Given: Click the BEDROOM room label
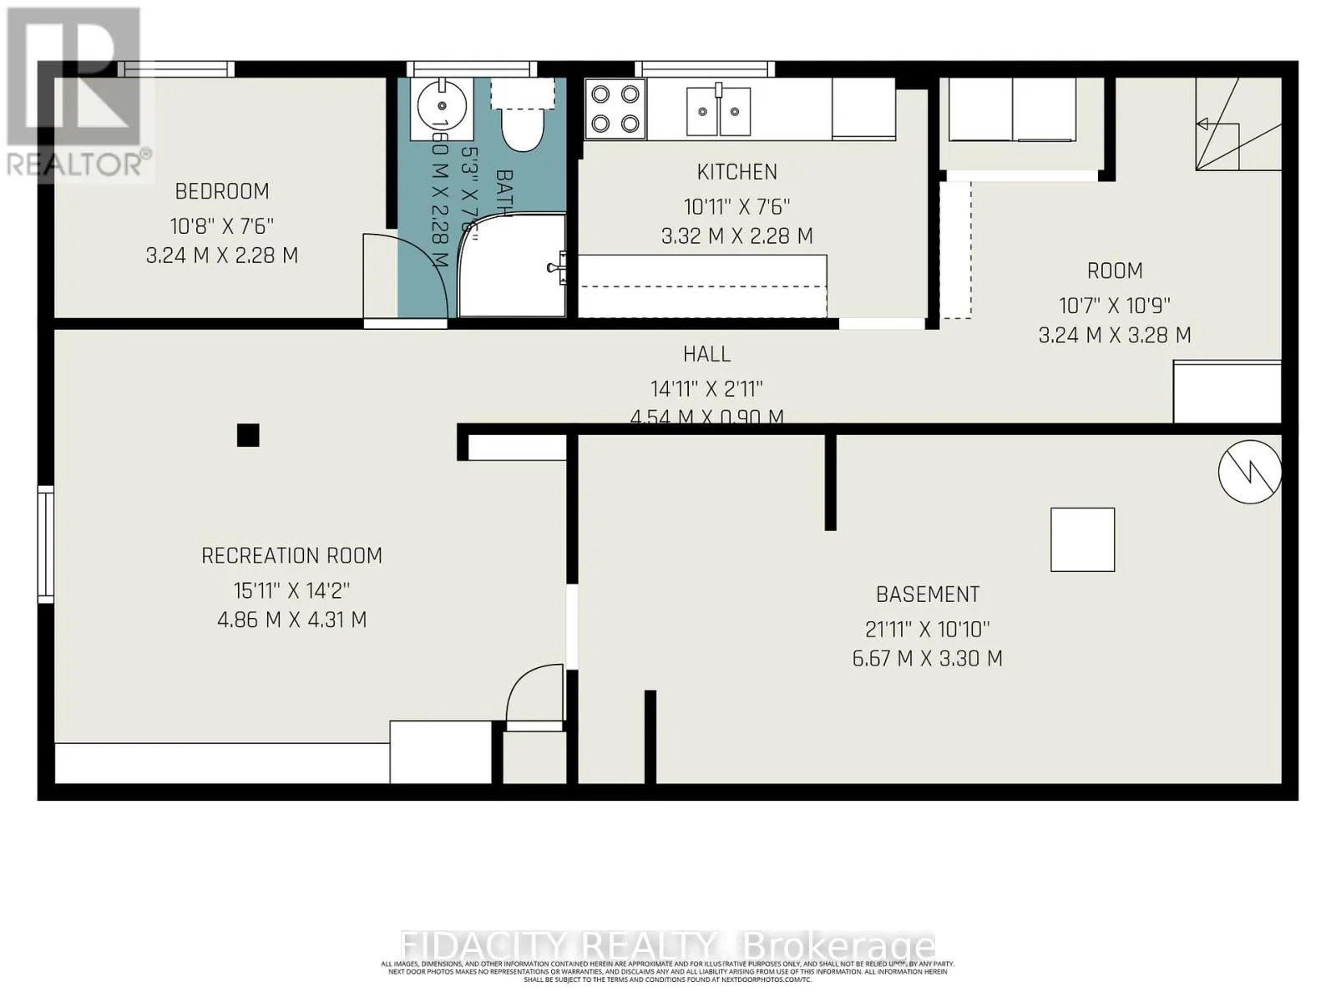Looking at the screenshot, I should pyautogui.click(x=221, y=191).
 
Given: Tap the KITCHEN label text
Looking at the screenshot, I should pyautogui.click(x=736, y=172).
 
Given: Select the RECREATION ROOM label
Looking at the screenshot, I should pyautogui.click(x=291, y=556).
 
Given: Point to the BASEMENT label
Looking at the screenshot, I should pyautogui.click(x=927, y=595).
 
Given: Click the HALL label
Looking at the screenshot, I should pyautogui.click(x=706, y=354).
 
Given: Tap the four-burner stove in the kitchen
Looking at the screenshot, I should pyautogui.click(x=615, y=109).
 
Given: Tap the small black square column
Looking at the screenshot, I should pyautogui.click(x=248, y=435).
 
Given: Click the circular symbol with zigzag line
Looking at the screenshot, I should pyautogui.click(x=1249, y=472).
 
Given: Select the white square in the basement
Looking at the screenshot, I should pyautogui.click(x=1082, y=539).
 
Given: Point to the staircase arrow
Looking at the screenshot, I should pyautogui.click(x=1203, y=124).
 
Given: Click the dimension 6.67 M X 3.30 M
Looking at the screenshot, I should pyautogui.click(x=927, y=659).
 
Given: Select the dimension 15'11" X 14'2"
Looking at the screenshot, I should pyautogui.click(x=291, y=591).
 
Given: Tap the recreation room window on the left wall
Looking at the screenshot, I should pyautogui.click(x=46, y=544).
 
